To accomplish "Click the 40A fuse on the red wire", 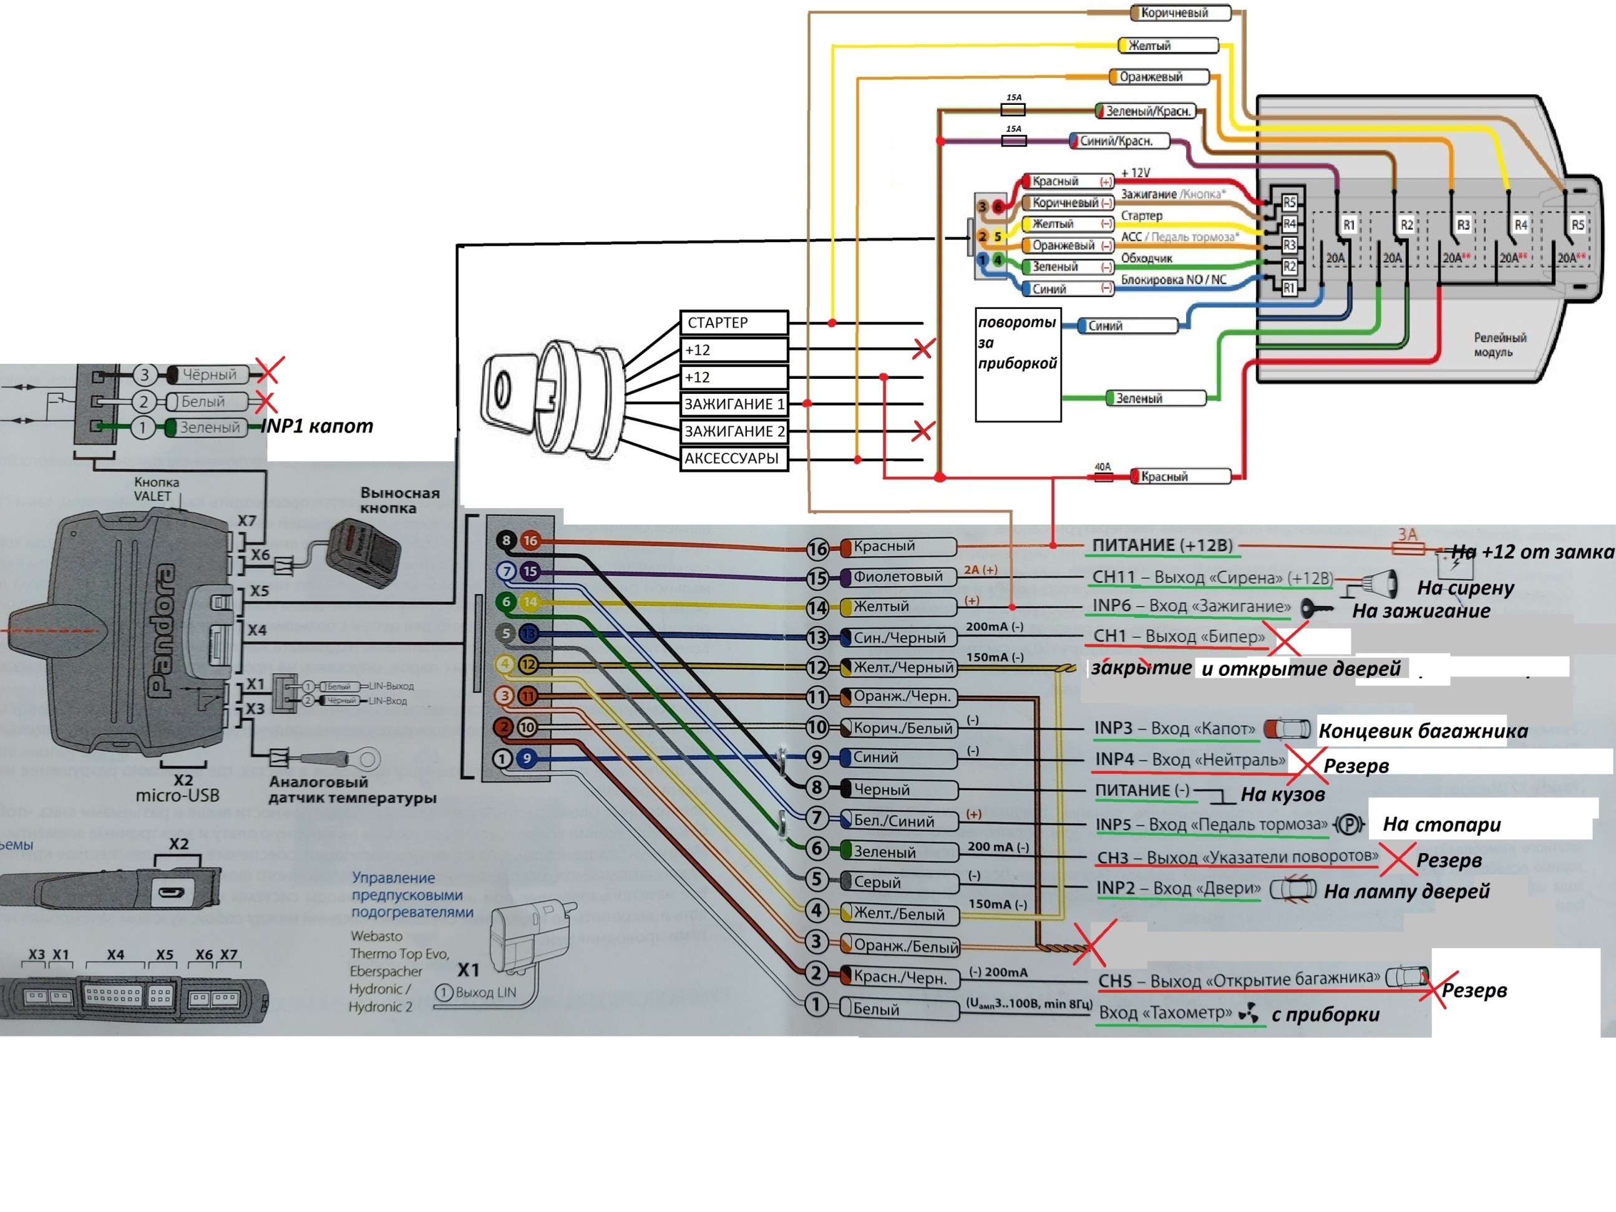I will point(1103,476).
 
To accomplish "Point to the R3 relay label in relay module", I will point(1463,225).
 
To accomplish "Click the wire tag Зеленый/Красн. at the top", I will point(1147,111).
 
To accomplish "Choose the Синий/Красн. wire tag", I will point(1119,141).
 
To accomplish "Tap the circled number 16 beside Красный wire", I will point(817,549).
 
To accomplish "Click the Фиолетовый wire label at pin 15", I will point(898,577).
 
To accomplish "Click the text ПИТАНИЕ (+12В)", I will point(1162,545).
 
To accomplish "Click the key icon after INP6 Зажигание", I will point(1316,607).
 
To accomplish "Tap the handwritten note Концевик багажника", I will point(1423,731).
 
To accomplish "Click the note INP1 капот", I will point(317,426).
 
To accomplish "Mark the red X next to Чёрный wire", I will point(269,372).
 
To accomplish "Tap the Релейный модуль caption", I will point(1499,344).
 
